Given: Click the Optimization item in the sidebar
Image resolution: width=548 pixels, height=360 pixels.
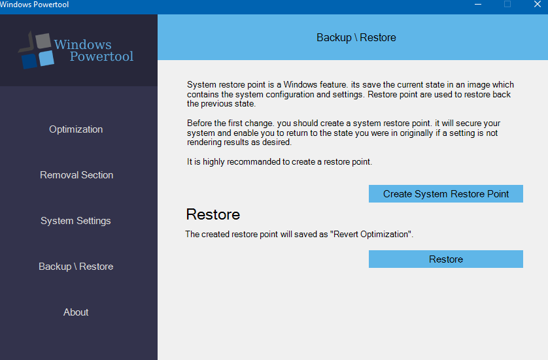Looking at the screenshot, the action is click(x=76, y=129).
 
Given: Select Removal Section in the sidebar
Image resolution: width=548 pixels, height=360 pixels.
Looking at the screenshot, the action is click(x=77, y=175).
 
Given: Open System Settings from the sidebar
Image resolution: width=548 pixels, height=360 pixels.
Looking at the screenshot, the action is click(x=75, y=221).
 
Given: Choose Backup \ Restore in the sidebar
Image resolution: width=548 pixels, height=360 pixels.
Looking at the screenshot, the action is click(x=76, y=267).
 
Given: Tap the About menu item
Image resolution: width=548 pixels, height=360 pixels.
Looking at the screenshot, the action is click(x=76, y=312).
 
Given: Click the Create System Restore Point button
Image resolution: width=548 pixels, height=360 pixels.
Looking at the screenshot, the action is click(x=446, y=194).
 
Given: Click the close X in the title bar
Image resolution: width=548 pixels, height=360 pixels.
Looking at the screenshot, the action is click(x=538, y=4).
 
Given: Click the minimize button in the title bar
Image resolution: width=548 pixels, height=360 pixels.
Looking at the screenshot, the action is click(x=478, y=4).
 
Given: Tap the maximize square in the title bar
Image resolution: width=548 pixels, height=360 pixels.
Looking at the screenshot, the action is click(x=507, y=4).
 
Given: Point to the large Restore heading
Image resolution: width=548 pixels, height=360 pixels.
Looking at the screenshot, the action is click(x=213, y=214).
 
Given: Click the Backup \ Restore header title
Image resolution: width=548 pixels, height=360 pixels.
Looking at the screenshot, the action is click(x=356, y=37).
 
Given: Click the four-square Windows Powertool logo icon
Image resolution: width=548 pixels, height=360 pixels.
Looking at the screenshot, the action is click(x=37, y=50).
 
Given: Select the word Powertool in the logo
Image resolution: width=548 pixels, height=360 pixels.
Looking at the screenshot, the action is click(x=101, y=56).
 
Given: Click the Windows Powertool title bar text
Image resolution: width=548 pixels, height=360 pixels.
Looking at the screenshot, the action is click(x=34, y=5).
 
